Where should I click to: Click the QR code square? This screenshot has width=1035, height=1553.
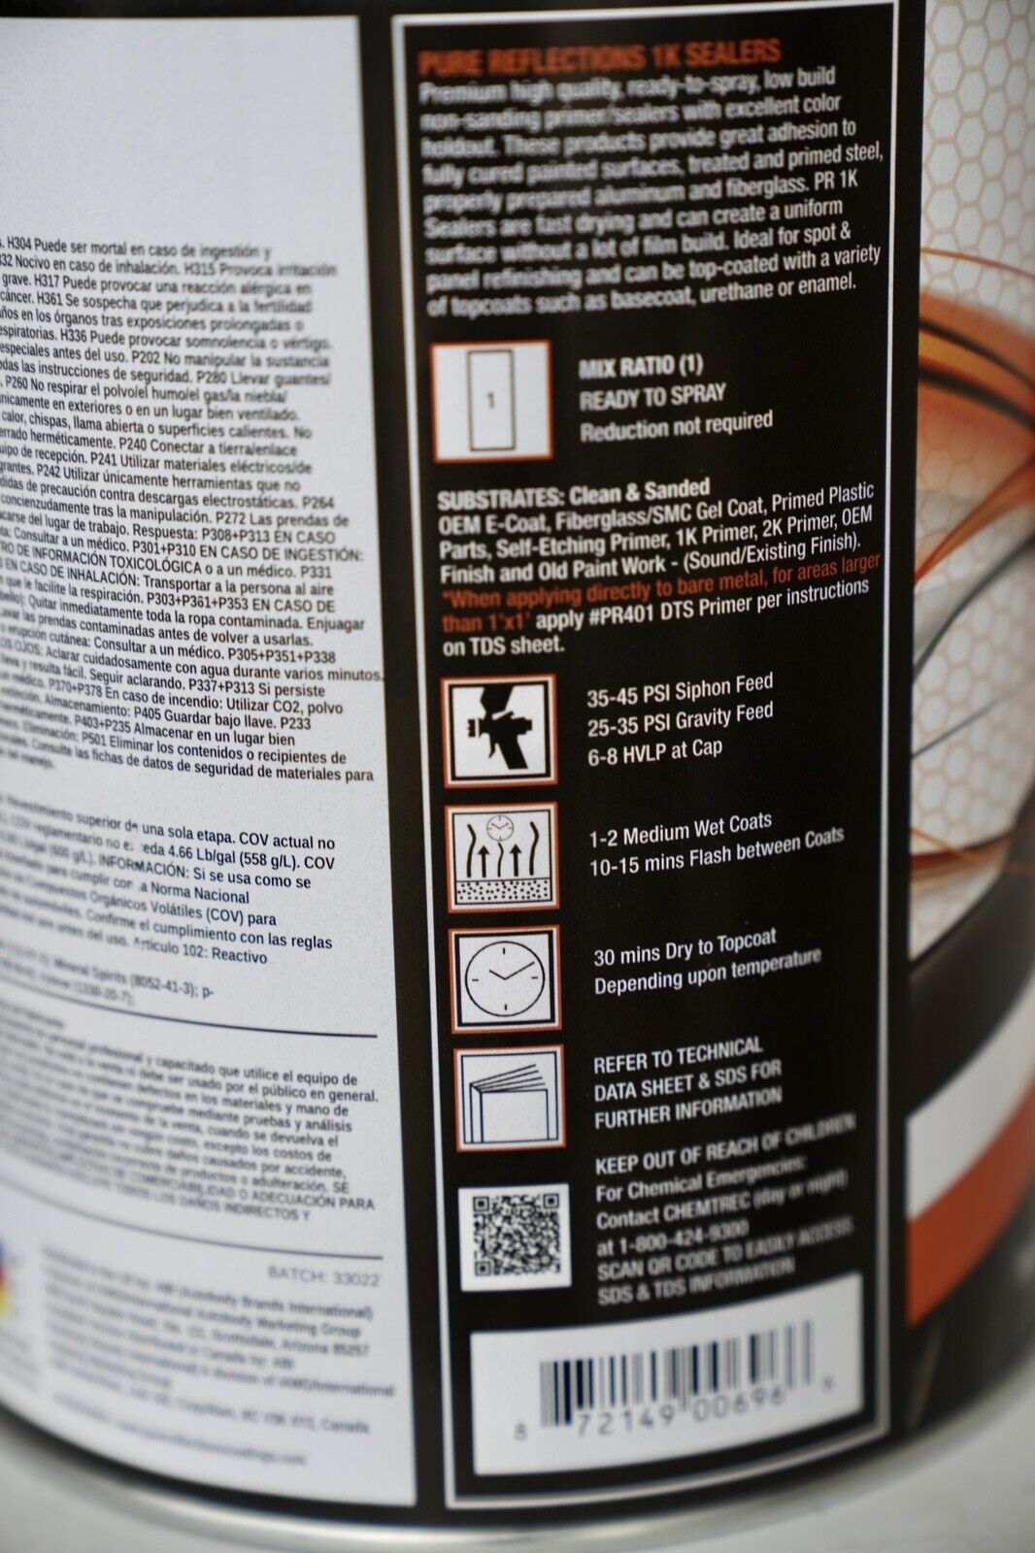514,1235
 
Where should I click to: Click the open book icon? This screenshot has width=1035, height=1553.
511,1096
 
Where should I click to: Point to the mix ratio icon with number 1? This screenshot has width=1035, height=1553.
492,399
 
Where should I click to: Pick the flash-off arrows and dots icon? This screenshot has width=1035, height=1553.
503,856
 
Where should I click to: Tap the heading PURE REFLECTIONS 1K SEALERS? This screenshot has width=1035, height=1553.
599,56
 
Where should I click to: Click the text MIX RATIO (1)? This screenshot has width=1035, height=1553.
641,367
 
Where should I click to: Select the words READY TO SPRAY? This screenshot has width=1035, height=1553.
652,396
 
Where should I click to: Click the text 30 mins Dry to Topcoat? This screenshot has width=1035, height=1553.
684,948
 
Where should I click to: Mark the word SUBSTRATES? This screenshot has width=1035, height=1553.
499,499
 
